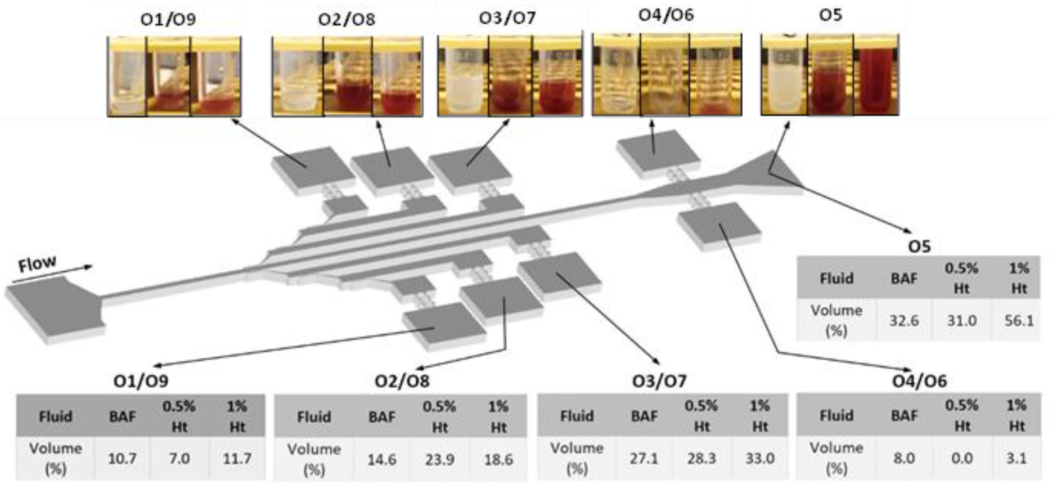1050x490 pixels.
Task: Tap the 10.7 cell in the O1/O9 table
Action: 122,459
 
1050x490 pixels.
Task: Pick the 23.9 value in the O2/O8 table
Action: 439,459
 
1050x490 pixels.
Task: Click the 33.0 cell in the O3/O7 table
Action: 760,458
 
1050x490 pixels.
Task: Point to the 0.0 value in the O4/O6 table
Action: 962,458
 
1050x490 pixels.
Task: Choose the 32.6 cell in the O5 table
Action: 904,321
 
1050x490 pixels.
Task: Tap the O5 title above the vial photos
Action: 830,16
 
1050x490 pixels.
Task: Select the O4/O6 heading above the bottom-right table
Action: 919,381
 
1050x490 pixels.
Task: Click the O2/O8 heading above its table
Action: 402,381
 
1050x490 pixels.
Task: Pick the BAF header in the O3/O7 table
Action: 644,416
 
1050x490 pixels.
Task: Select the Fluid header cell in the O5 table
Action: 836,278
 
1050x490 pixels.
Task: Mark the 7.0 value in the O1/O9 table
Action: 179,459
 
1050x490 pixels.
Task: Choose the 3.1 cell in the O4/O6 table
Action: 1016,458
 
